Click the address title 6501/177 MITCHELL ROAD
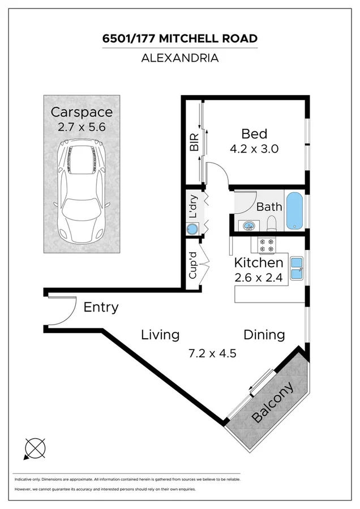pyautogui.click(x=179, y=38)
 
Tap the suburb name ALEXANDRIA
pyautogui.click(x=179, y=57)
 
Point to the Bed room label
pyautogui.click(x=254, y=134)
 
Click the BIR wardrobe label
pyautogui.click(x=194, y=142)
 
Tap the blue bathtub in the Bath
pyautogui.click(x=294, y=211)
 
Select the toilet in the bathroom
pyautogui.click(x=271, y=224)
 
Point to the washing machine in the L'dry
pyautogui.click(x=193, y=230)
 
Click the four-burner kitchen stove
pyautogui.click(x=266, y=244)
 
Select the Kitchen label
pyautogui.click(x=259, y=263)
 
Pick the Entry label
pyautogui.click(x=101, y=308)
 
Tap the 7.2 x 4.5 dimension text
pyautogui.click(x=212, y=353)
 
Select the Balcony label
pyautogui.click(x=273, y=403)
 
